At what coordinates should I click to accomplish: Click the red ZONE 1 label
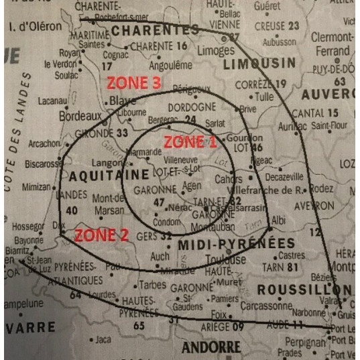tap(190, 142)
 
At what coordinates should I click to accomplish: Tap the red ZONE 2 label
tap(101, 235)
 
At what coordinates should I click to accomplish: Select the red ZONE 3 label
tap(135, 84)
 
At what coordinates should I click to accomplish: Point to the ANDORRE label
tap(211, 347)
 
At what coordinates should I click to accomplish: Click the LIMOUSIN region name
tap(259, 64)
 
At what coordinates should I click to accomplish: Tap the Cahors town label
tap(229, 180)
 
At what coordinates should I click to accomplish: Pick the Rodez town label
tap(321, 189)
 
